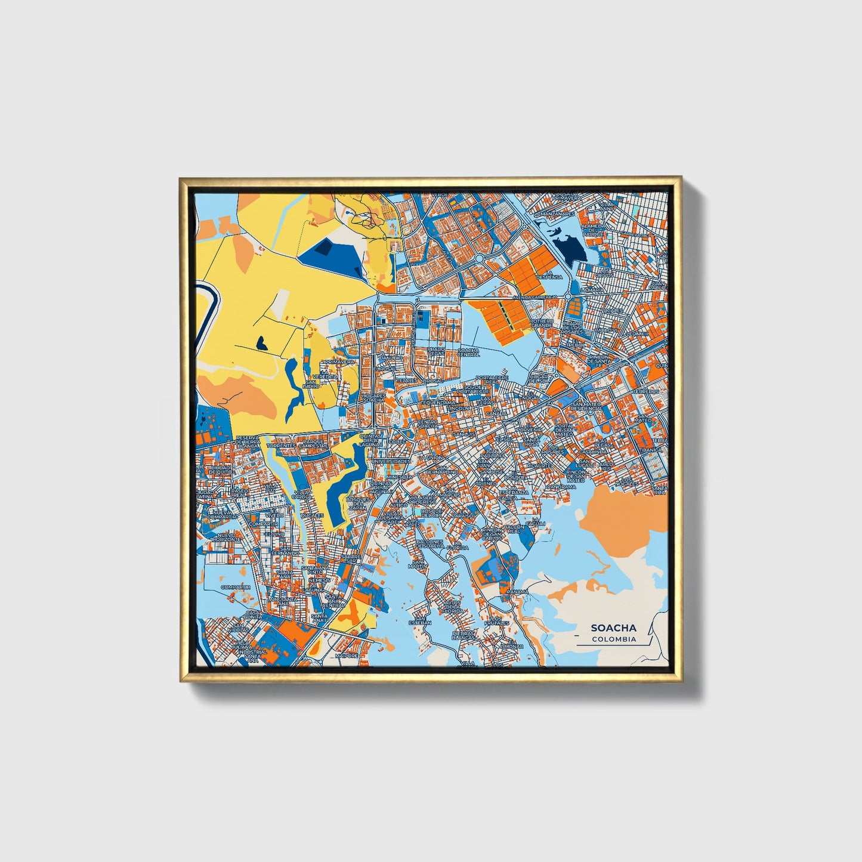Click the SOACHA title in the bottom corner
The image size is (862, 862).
click(613, 628)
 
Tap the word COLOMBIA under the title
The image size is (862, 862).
click(614, 639)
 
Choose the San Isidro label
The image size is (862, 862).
click(311, 384)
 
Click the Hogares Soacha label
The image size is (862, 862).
click(375, 398)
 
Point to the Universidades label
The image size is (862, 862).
click(391, 461)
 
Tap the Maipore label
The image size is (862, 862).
click(346, 656)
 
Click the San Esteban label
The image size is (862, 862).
click(419, 622)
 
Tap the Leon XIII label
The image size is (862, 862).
click(636, 333)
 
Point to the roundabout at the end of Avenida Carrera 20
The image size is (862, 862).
click(569, 296)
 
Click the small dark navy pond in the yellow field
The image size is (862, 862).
click(261, 342)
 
